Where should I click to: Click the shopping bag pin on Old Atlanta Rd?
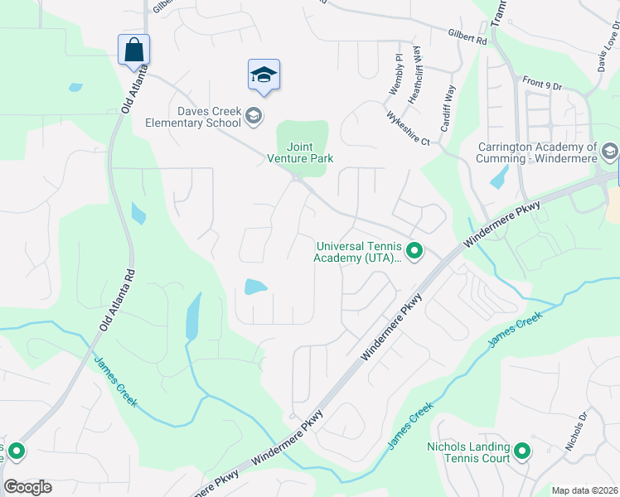tap(133, 51)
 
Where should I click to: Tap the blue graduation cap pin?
tap(264, 75)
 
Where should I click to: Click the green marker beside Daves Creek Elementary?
tap(254, 116)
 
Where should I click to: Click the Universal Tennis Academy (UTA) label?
tap(358, 251)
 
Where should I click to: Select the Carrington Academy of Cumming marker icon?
tap(610, 152)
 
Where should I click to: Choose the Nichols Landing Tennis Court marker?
tap(521, 452)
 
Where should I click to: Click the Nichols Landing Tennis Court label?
tap(467, 452)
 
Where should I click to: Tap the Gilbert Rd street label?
tap(467, 37)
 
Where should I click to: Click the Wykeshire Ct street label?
tap(408, 128)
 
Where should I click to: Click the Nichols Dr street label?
tap(576, 432)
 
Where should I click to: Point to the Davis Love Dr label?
tap(607, 50)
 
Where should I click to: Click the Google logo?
tap(27, 487)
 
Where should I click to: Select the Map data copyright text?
tap(584, 490)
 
